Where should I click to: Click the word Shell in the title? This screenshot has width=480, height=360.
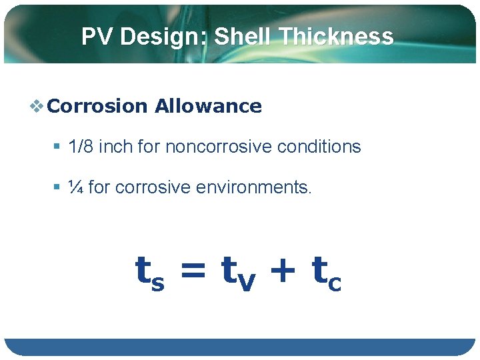244,37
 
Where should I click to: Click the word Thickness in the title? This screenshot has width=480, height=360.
337,37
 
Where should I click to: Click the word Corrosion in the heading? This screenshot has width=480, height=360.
98,106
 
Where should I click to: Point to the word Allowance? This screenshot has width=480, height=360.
208,106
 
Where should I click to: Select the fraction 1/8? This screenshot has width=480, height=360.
81,147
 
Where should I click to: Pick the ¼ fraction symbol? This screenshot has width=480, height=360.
76,188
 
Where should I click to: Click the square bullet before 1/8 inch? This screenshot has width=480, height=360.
58,147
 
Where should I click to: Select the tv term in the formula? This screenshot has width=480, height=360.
237,273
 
